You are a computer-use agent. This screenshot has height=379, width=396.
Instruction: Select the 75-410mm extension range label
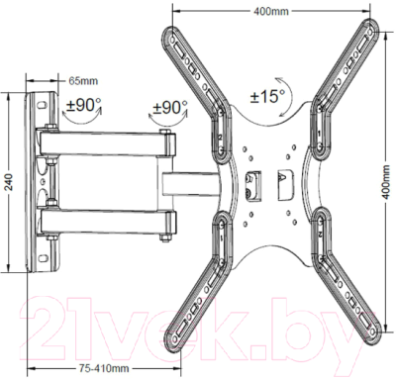click(106, 368)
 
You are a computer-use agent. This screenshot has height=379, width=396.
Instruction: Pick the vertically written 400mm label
click(386, 193)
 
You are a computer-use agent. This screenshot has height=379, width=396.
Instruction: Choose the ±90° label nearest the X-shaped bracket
click(170, 107)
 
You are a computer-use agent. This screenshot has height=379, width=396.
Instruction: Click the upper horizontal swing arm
click(109, 142)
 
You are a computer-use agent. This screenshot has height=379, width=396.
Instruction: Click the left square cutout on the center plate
click(251, 181)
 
